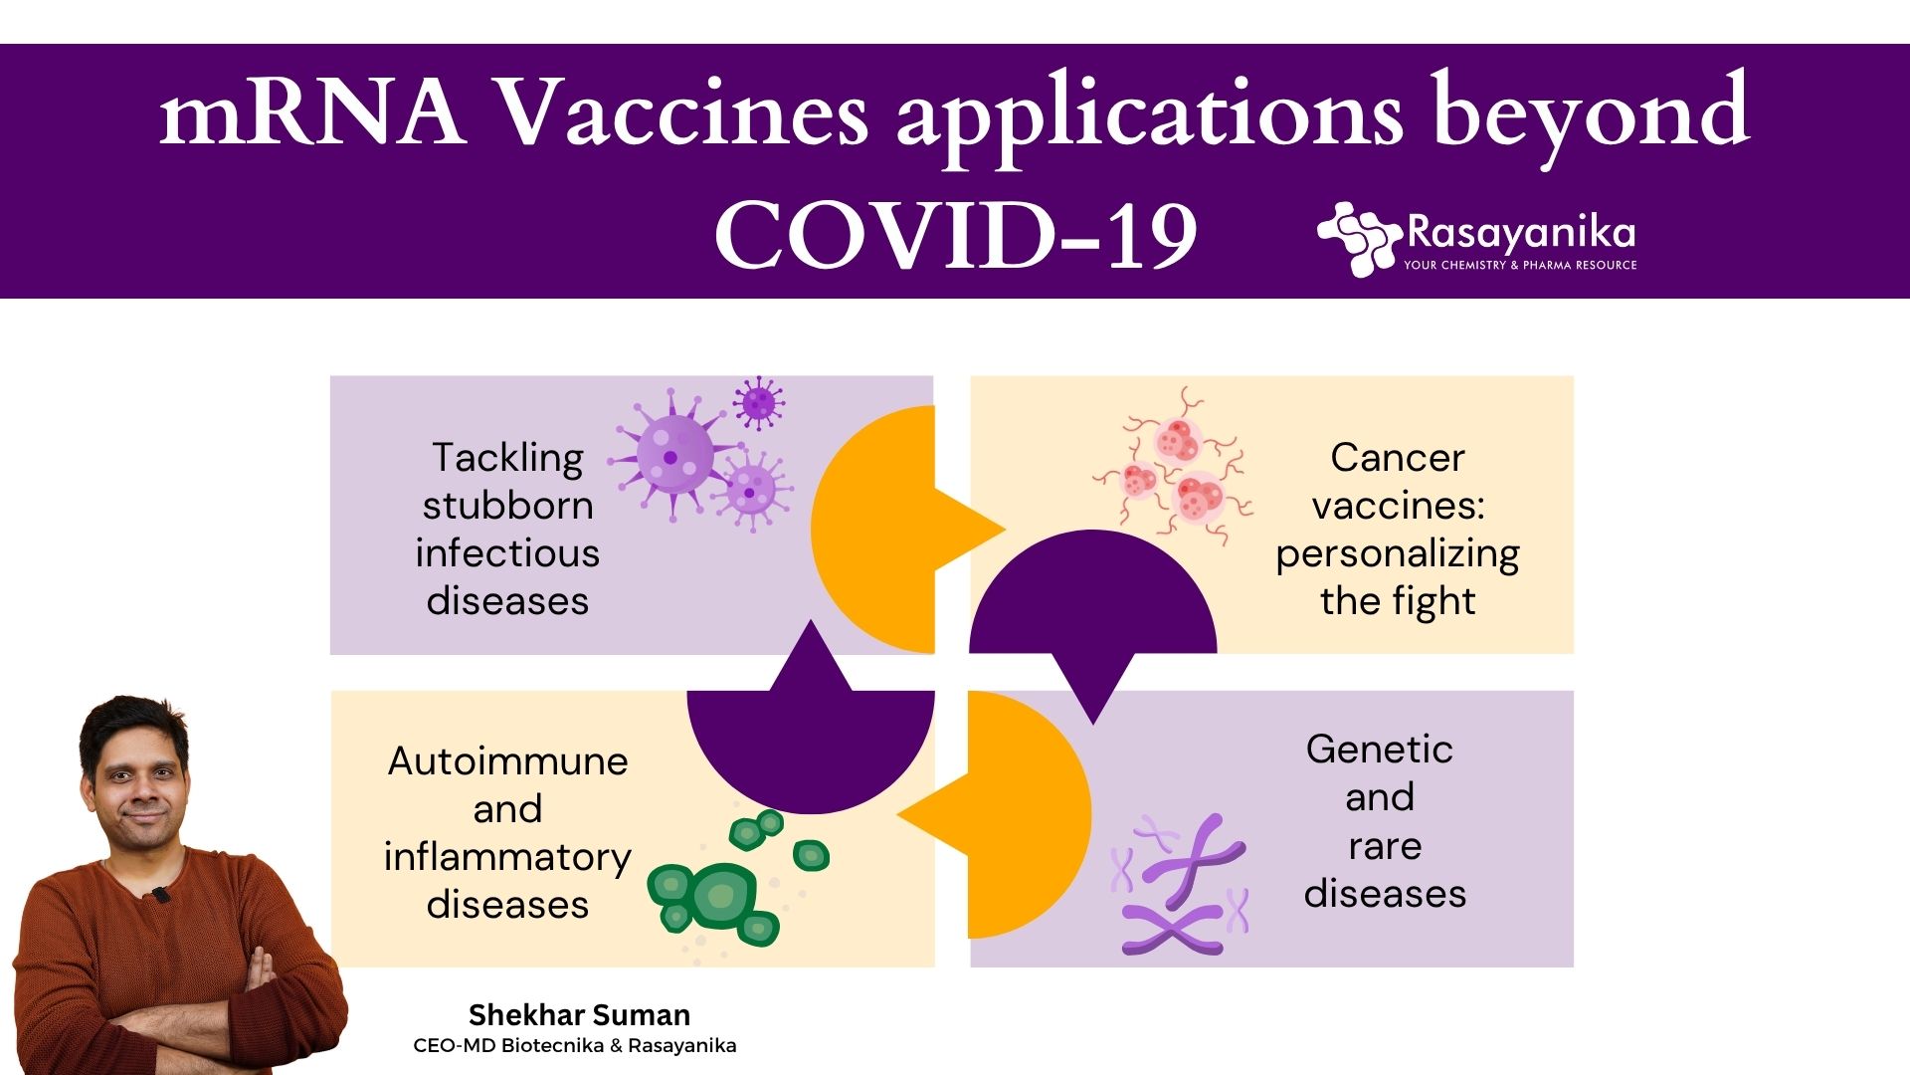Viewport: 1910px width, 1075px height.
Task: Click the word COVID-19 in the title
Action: (955, 235)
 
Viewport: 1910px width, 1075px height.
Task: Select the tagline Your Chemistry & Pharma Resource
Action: (1520, 265)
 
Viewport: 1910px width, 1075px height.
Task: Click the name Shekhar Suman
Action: (579, 1015)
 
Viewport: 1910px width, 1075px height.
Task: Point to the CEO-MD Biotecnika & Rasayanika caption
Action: (575, 1046)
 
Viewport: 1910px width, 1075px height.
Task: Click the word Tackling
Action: (507, 459)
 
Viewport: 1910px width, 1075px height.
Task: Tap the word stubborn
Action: (507, 506)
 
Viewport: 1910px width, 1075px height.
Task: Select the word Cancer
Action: (1398, 458)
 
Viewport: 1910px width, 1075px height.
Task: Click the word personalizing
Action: (1398, 554)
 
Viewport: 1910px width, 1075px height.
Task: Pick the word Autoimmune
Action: (507, 761)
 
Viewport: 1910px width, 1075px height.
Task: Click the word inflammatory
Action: (507, 857)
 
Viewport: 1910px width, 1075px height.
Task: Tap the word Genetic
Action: (1380, 750)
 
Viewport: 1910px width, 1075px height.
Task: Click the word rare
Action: (1385, 846)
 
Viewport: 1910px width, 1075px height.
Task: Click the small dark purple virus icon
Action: (758, 403)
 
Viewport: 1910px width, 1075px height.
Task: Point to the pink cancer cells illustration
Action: (1174, 467)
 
